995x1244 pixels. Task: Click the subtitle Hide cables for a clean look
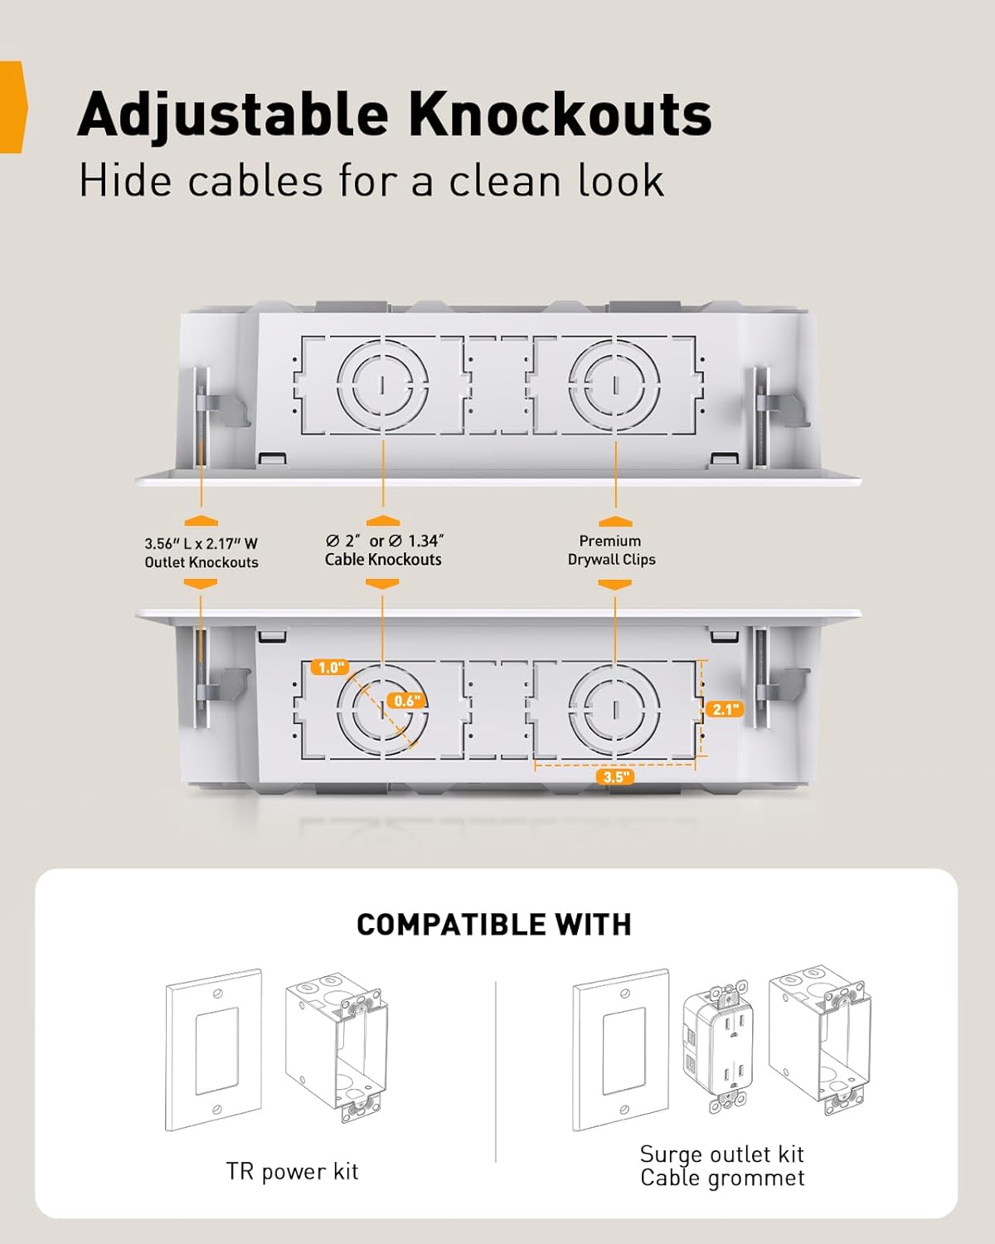(x=371, y=181)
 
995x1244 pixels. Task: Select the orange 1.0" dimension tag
(x=330, y=668)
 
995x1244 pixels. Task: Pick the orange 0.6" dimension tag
(x=405, y=701)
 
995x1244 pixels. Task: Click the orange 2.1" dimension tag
(x=724, y=709)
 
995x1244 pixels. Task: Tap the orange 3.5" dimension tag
(x=614, y=777)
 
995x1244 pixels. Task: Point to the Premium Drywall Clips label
(x=611, y=550)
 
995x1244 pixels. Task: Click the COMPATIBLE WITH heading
(x=494, y=924)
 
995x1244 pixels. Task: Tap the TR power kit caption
(x=292, y=1171)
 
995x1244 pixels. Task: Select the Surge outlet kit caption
(x=721, y=1154)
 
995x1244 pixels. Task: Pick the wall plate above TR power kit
(x=214, y=1050)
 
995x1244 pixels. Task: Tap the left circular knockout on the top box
(x=382, y=385)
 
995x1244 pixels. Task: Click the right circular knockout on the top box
(x=614, y=385)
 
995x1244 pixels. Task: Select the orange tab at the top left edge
(x=12, y=106)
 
